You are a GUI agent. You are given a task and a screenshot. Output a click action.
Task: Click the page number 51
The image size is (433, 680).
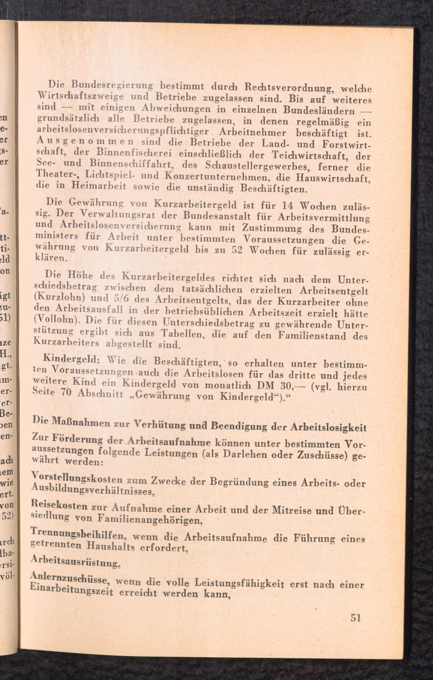coord(355,618)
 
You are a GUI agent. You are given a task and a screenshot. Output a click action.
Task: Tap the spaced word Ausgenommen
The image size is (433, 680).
coord(86,140)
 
